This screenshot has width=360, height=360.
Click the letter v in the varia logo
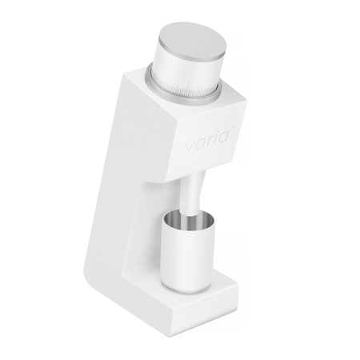tap(190, 147)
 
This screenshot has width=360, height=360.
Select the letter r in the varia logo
tap(210, 142)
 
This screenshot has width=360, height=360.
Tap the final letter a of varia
tap(222, 137)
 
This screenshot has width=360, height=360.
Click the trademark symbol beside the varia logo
tap(232, 128)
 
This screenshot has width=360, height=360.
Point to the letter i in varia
tap(215, 138)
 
